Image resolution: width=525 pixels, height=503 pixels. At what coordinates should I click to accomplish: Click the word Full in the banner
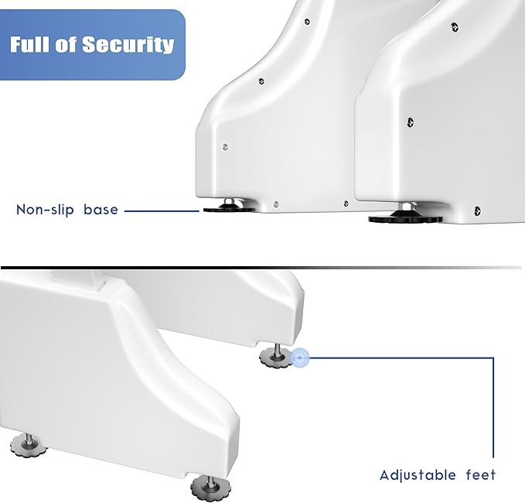(x=30, y=45)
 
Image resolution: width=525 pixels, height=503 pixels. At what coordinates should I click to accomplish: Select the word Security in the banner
(x=128, y=45)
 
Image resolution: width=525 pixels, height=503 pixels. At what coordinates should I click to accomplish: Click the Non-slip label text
(x=45, y=210)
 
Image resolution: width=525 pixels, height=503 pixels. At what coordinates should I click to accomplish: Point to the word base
(x=101, y=210)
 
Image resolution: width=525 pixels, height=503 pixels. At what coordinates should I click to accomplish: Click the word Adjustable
(x=418, y=475)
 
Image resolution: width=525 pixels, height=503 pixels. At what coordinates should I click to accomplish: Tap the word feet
(x=481, y=475)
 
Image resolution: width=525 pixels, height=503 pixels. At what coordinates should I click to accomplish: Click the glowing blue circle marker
(x=300, y=358)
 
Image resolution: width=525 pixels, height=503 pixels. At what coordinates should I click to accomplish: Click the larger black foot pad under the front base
(x=405, y=219)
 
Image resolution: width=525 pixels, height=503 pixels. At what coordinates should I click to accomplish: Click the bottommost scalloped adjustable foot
(x=211, y=488)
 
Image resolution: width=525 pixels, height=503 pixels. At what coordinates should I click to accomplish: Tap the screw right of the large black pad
(x=478, y=211)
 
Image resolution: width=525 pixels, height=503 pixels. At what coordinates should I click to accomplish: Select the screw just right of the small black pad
(x=276, y=204)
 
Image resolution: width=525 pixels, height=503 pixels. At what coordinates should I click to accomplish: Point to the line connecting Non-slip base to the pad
(x=162, y=211)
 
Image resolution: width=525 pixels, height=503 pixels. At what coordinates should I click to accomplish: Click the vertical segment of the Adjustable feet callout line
(x=493, y=408)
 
